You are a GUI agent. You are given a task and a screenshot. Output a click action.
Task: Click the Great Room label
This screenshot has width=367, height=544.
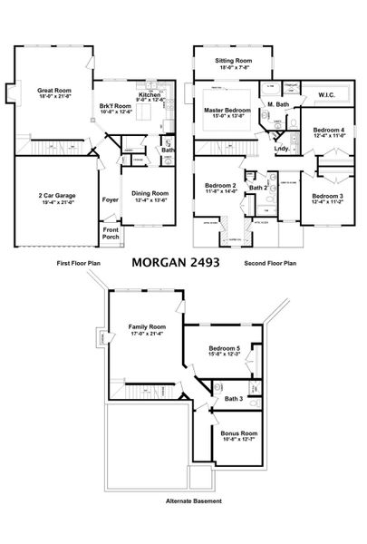(53, 91)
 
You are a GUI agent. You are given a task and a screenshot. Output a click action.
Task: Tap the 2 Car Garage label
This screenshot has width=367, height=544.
(55, 195)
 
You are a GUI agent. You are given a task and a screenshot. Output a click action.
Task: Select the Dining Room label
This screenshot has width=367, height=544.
(150, 193)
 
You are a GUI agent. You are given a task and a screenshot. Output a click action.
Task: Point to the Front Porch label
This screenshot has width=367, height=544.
(110, 232)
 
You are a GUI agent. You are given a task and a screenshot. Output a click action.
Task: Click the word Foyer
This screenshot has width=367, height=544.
(110, 200)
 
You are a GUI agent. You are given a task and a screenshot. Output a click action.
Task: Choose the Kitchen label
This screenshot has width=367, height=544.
(150, 94)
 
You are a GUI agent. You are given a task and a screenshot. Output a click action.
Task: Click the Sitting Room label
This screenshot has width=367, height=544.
(234, 60)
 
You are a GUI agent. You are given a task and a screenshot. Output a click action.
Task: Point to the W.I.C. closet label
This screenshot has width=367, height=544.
(327, 94)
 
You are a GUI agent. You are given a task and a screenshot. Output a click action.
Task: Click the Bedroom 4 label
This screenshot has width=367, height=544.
(329, 131)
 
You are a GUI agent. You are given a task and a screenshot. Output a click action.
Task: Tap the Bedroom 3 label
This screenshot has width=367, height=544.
(328, 197)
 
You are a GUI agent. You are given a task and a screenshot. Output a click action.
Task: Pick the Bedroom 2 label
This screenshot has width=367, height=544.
(220, 186)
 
